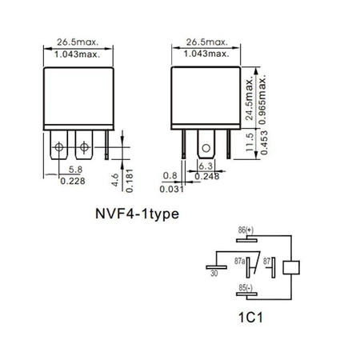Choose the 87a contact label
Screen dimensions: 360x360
(238, 261)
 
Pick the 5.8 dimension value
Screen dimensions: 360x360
(74, 169)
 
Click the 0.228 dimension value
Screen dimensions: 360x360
(74, 180)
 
